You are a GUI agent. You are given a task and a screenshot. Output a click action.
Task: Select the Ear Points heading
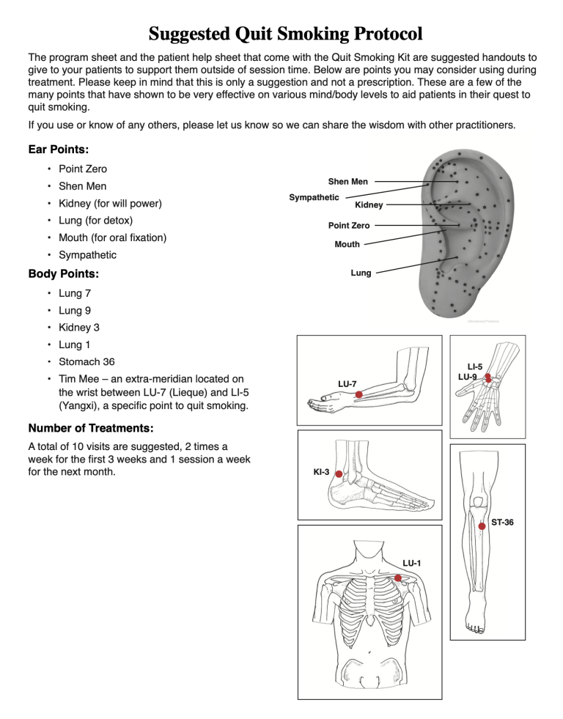59,149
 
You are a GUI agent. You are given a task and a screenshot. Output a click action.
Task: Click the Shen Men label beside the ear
347,181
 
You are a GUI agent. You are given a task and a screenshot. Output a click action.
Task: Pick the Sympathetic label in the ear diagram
314,197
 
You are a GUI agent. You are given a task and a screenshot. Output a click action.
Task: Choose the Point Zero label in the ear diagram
348,226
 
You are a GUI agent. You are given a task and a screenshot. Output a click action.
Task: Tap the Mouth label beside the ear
347,245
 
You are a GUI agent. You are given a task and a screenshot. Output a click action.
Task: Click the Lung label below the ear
361,273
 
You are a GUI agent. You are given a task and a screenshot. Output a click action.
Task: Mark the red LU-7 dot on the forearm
359,395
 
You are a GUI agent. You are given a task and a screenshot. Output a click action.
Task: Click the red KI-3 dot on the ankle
339,474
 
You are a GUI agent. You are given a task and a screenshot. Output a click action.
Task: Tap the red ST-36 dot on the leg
482,526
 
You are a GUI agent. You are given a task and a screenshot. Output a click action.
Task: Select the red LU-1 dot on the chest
398,578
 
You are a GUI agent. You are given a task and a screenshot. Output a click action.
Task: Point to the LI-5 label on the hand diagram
474,366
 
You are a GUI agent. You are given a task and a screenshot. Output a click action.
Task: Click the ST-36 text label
502,523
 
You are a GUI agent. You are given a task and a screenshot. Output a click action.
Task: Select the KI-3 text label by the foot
321,473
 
